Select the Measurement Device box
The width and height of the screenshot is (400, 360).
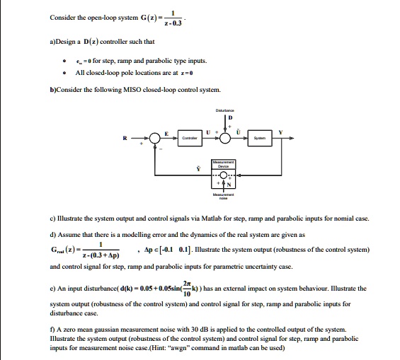pyautogui.click(x=227, y=163)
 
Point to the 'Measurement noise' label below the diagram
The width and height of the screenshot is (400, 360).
pyautogui.click(x=227, y=197)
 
